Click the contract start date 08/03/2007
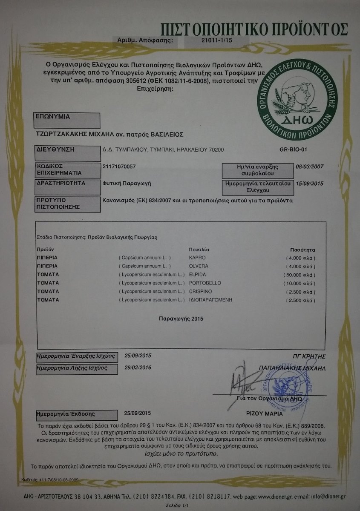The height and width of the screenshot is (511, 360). pyautogui.click(x=310, y=167)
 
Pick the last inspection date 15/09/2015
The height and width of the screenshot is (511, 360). pyautogui.click(x=310, y=183)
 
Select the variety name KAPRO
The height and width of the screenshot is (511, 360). pyautogui.click(x=196, y=258)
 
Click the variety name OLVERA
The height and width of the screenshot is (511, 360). pyautogui.click(x=198, y=266)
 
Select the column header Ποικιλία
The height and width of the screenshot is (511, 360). pyautogui.click(x=199, y=249)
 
